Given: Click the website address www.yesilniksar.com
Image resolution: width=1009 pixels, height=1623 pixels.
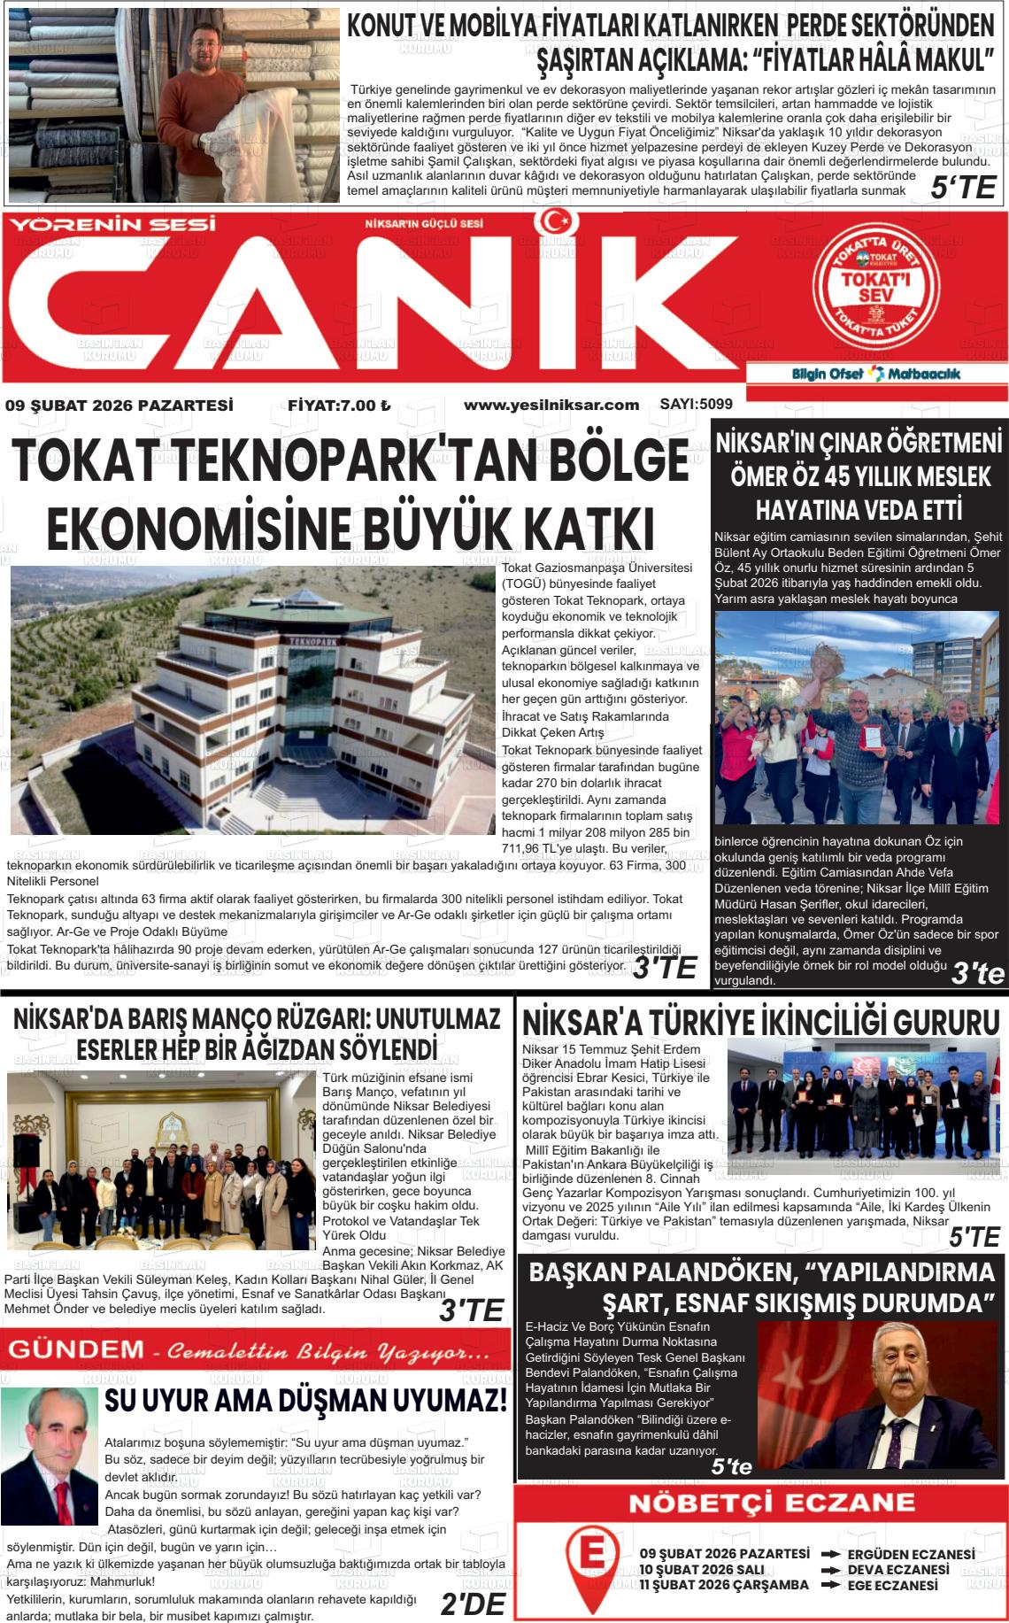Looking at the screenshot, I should click(x=551, y=406).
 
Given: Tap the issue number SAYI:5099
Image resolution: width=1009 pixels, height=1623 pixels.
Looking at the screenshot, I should click(x=696, y=405).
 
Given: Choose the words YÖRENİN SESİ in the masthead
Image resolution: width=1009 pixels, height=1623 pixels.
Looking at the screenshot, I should click(x=112, y=225).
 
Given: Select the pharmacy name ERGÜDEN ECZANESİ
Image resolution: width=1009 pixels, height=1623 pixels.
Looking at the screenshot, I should click(x=911, y=1554).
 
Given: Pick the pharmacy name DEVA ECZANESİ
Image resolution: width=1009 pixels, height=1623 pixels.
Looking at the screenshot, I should click(x=897, y=1569).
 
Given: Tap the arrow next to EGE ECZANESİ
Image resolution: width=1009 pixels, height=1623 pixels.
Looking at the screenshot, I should click(x=830, y=1585).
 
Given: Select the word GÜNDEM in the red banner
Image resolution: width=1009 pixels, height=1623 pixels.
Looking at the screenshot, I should click(x=76, y=1350).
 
